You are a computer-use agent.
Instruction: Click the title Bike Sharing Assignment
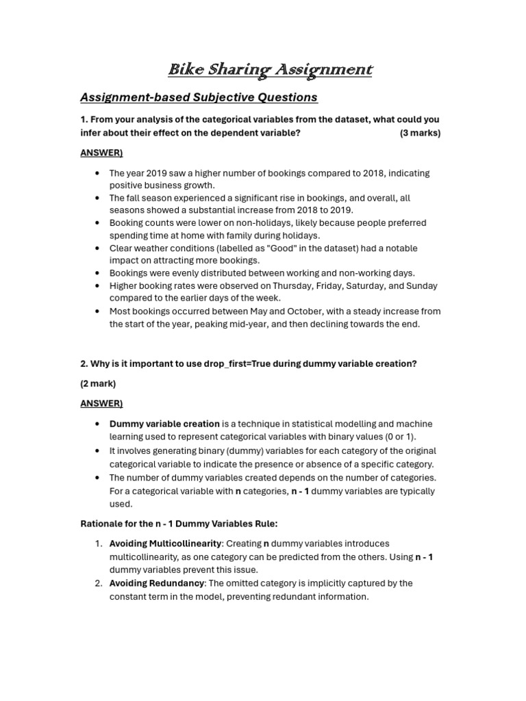pos(271,70)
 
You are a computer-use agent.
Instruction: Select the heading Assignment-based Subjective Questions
pos(199,97)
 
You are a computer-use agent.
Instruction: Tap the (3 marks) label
pos(420,133)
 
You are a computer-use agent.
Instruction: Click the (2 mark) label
pos(98,383)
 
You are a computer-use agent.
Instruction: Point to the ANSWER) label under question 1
pos(101,153)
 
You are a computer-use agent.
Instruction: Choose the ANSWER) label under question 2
pos(101,403)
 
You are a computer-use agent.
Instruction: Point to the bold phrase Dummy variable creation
pos(164,424)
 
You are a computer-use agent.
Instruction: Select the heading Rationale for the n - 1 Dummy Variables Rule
pos(179,524)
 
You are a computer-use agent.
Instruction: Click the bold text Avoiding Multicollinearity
pos(165,544)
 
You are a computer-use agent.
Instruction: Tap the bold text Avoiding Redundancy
pos(157,583)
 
